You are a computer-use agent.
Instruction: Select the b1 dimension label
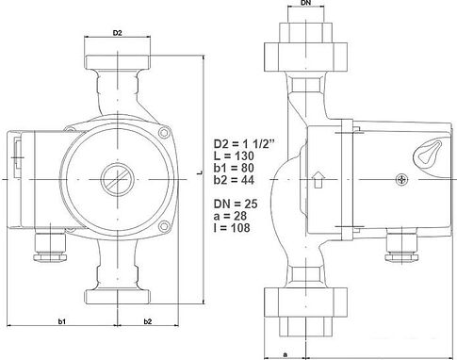pyautogui.click(x=61, y=322)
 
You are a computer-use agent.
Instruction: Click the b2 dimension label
pyautogui.click(x=149, y=322)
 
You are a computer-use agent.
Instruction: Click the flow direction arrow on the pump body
pyautogui.click(x=317, y=176)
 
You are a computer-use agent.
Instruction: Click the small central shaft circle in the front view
pyautogui.click(x=116, y=178)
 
